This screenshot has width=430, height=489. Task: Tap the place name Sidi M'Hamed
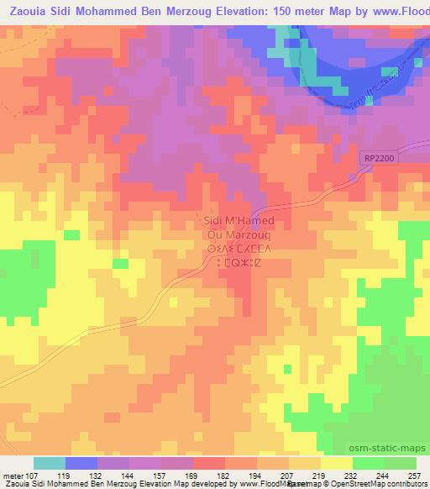(234, 220)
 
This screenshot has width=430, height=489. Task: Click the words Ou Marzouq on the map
(234, 233)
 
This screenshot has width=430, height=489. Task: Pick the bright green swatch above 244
(368, 463)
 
